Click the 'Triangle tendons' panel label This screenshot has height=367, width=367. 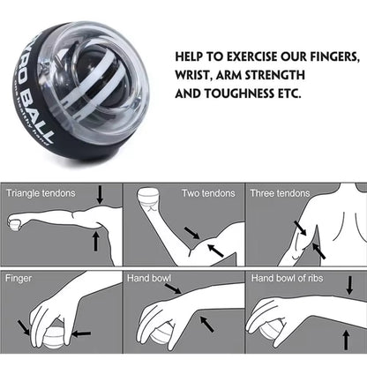click(x=41, y=192)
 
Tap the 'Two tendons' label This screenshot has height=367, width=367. click(x=209, y=192)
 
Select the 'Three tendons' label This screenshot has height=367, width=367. click(x=280, y=192)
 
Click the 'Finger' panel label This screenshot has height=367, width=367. click(x=19, y=277)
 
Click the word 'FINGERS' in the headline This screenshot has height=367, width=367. click(x=326, y=56)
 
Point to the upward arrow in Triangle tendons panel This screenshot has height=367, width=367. click(x=96, y=239)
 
